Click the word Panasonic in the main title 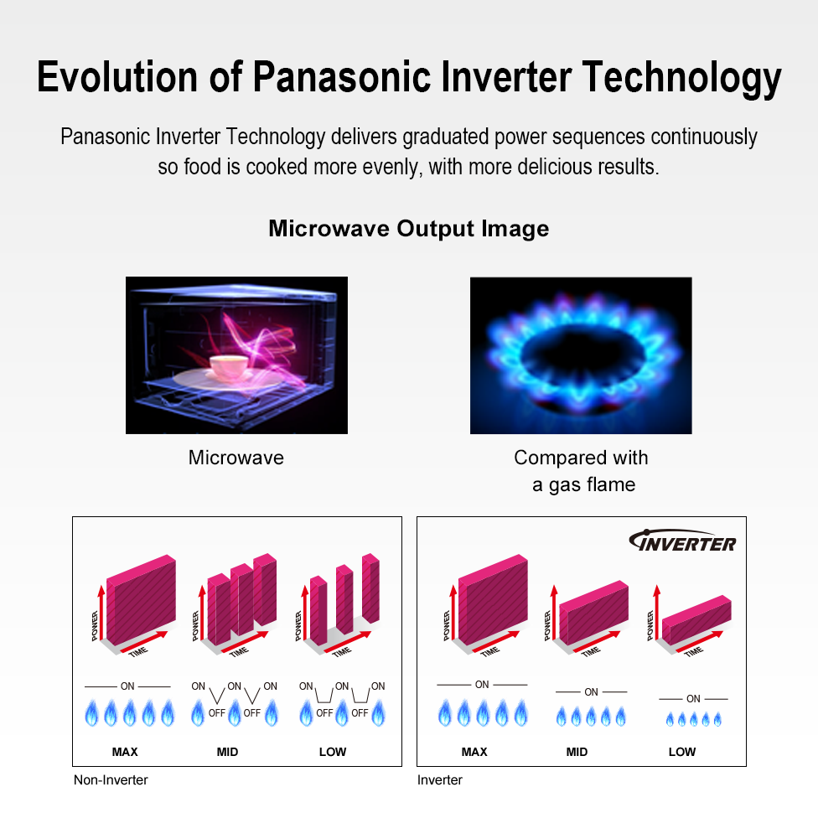point(342,77)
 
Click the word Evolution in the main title point(116,77)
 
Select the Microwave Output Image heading point(408,229)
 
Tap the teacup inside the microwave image point(228,366)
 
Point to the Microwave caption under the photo point(236,458)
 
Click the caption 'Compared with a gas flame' point(581,471)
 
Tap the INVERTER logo point(682,541)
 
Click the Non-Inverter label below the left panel point(111,780)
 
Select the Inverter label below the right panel point(440,780)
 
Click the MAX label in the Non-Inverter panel point(125,752)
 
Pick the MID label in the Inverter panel point(577,752)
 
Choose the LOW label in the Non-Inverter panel point(333,752)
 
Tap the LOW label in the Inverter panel point(682,752)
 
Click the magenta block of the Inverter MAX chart point(493,599)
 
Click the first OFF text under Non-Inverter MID point(217,712)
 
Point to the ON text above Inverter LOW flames point(693,698)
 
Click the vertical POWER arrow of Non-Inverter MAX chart point(101,613)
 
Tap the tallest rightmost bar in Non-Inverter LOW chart point(370,588)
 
